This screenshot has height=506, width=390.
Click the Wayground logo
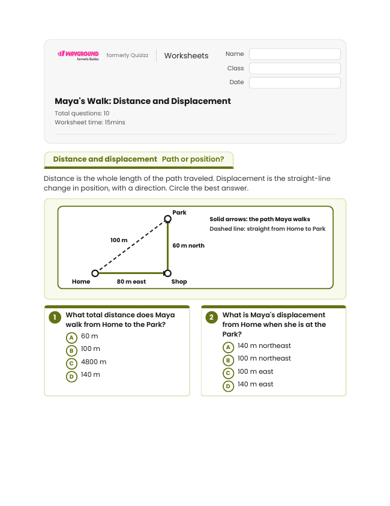pos(78,55)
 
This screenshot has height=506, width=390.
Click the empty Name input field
pos(295,54)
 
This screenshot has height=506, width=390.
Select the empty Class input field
pos(295,68)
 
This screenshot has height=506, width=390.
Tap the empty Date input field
pos(295,82)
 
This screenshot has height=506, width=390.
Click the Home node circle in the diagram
pos(95,273)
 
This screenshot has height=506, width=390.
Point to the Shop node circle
pos(167,273)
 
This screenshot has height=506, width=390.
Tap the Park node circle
pos(167,219)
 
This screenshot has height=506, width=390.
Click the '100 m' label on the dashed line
pos(119,240)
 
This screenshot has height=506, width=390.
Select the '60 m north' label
pos(188,246)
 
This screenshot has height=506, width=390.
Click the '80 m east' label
pos(131,282)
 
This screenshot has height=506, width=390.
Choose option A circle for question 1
pos(71,338)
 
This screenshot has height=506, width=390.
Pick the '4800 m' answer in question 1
pos(94,362)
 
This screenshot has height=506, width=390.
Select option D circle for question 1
pos(71,377)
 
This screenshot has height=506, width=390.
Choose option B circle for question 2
pos(228,360)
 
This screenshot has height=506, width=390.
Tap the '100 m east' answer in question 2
pos(255,371)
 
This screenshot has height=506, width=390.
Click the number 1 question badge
pos(55,317)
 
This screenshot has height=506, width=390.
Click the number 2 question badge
pos(211,317)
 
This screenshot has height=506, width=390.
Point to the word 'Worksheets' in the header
pos(186,55)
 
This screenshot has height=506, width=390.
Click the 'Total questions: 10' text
pos(82,113)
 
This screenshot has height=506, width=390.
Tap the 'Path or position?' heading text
pos(193,159)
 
